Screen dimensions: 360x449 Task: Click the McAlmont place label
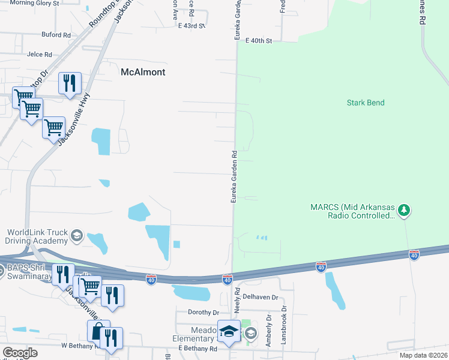[143, 72]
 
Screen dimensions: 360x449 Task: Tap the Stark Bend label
[366, 103]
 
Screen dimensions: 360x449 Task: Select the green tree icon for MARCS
[405, 209]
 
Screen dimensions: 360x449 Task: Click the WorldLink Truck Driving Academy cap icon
[76, 236]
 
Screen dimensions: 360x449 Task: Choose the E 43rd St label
[191, 26]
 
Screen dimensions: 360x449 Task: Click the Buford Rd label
[57, 35]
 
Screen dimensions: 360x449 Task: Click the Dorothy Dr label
[203, 313]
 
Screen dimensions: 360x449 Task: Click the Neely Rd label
[237, 296]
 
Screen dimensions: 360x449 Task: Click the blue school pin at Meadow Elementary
[229, 332]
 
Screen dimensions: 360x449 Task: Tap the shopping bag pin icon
[98, 331]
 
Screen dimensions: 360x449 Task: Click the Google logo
[19, 353]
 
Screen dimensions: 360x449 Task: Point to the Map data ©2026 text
[424, 355]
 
